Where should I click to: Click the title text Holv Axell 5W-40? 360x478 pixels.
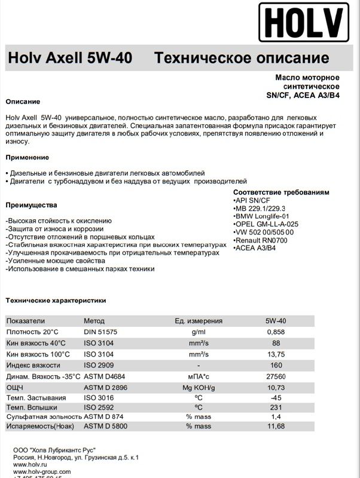click(x=70, y=59)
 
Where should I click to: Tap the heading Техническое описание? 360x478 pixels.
click(x=242, y=59)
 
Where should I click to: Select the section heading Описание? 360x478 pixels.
click(x=23, y=102)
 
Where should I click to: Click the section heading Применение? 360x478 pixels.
click(x=27, y=157)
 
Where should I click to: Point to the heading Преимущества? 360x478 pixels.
click(x=31, y=205)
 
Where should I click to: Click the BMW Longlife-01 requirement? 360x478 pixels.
click(x=263, y=216)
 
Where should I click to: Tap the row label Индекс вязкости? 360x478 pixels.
click(x=35, y=365)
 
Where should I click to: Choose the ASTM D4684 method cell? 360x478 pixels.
click(x=105, y=376)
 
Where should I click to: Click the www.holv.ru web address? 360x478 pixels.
click(x=29, y=464)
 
